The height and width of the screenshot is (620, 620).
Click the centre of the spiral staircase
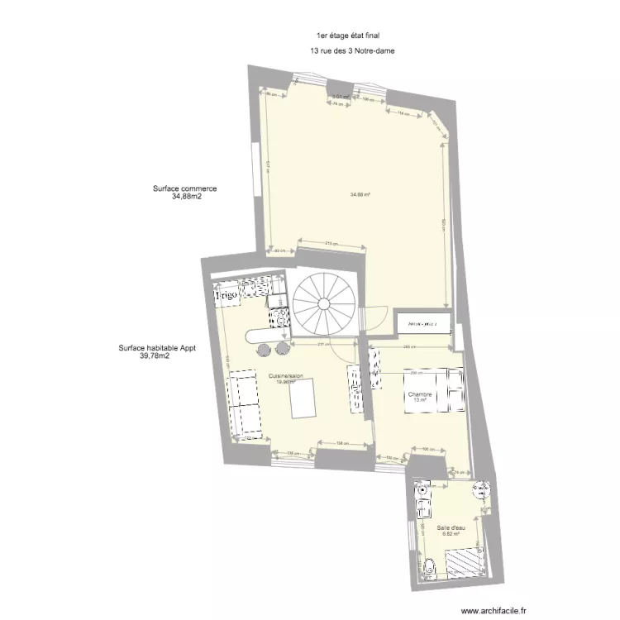323,303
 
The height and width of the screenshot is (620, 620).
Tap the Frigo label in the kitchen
227,293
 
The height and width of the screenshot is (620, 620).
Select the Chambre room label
420,395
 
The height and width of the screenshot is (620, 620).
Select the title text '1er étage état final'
347,36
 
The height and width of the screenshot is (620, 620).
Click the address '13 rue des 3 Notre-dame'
352,50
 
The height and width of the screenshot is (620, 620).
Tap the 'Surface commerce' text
184,188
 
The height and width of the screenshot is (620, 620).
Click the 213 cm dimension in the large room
328,243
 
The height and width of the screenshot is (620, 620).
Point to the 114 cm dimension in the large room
402,113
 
